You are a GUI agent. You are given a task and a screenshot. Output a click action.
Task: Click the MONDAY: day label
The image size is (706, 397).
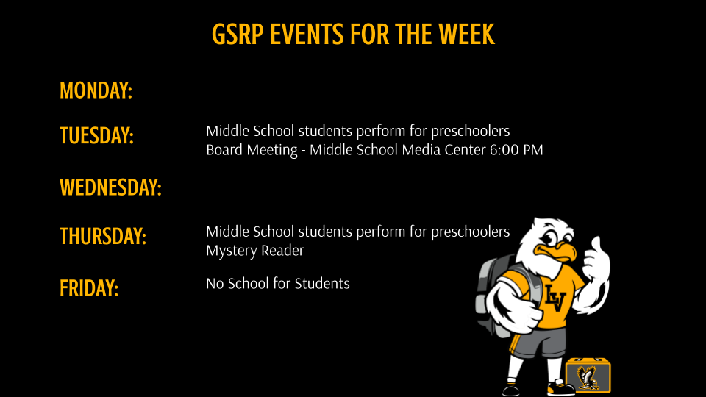pos(96,90)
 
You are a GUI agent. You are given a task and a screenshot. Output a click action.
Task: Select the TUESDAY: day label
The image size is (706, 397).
pos(96,136)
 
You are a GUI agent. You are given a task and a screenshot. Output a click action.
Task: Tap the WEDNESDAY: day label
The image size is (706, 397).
pos(110,187)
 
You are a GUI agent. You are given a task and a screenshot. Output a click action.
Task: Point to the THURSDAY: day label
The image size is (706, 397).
pos(102,237)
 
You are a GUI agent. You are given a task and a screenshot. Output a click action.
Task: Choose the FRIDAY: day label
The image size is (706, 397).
pos(89,287)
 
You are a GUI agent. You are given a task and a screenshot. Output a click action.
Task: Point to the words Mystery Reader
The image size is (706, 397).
pos(254,251)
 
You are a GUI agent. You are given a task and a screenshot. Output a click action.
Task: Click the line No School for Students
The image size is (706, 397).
pos(277,283)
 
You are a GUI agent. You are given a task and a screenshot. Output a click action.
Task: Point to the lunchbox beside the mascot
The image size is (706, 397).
pos(588,375)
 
